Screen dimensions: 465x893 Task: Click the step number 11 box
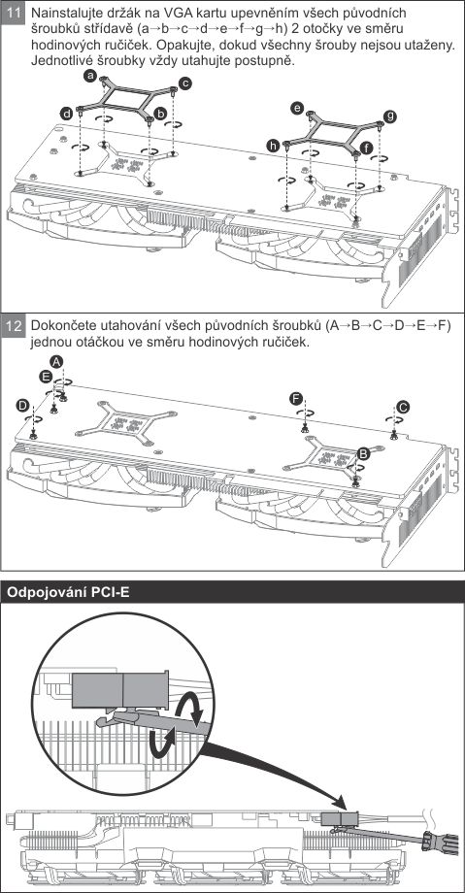[x=13, y=13]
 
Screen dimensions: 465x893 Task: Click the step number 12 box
[x=13, y=326]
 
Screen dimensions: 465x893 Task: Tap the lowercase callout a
[x=89, y=75]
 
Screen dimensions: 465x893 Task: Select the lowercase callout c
[x=184, y=83]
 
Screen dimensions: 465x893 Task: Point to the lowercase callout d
[x=67, y=114]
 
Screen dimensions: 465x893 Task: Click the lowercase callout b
[x=161, y=114]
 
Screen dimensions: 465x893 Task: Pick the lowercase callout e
[x=296, y=107]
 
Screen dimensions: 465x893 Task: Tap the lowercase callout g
[x=390, y=116]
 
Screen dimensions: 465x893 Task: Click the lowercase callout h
[x=273, y=147]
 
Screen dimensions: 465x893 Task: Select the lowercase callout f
[x=366, y=147]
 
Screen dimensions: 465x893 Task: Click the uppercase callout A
[x=56, y=361]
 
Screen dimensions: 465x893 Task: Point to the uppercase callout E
[x=46, y=376]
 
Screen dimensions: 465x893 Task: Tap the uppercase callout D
[x=22, y=405]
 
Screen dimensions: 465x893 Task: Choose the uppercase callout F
[x=295, y=398]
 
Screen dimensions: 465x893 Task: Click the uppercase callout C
[x=403, y=406]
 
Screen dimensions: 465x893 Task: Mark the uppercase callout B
[x=363, y=453]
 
